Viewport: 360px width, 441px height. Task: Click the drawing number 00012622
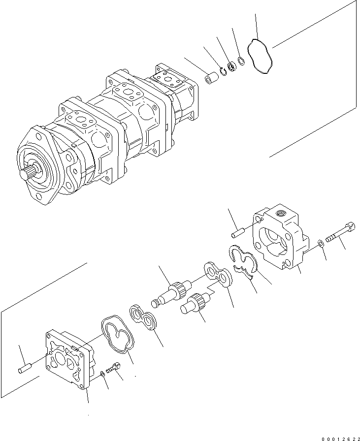coord(332,435)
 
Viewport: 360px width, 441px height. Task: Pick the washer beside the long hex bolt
coord(321,242)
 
